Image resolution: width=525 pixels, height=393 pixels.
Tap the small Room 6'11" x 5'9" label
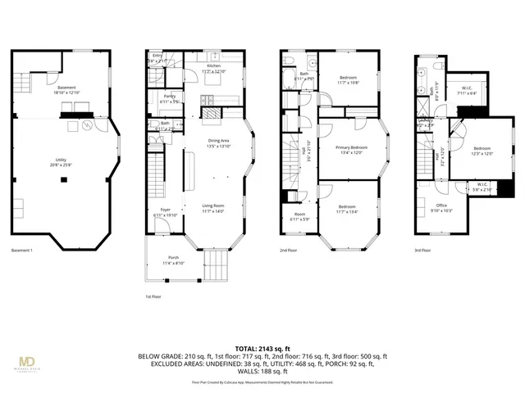pyautogui.click(x=294, y=217)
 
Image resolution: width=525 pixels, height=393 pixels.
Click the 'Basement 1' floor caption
pyautogui.click(x=22, y=250)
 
